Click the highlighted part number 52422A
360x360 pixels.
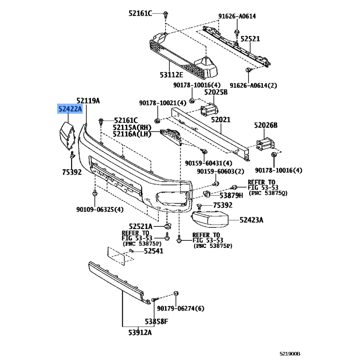click(70, 108)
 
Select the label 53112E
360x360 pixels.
click(171, 75)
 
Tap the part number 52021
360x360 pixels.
click(220, 119)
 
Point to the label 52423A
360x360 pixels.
click(252, 220)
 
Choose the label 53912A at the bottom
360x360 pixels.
click(140, 332)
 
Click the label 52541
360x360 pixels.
click(153, 251)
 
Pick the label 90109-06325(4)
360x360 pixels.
click(100, 209)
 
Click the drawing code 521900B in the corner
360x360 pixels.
click(290, 354)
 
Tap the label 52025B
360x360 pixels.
click(216, 92)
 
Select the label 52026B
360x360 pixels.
click(265, 125)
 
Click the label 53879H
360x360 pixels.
click(231, 195)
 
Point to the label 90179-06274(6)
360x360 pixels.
click(180, 308)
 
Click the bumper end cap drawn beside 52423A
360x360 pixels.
click(210, 219)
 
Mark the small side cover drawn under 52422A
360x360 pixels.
click(67, 136)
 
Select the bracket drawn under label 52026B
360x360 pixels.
click(265, 144)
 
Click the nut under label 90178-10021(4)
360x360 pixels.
click(157, 121)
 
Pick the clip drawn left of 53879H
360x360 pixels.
click(207, 194)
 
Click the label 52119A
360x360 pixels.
click(88, 100)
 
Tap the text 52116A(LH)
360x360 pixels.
click(132, 134)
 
